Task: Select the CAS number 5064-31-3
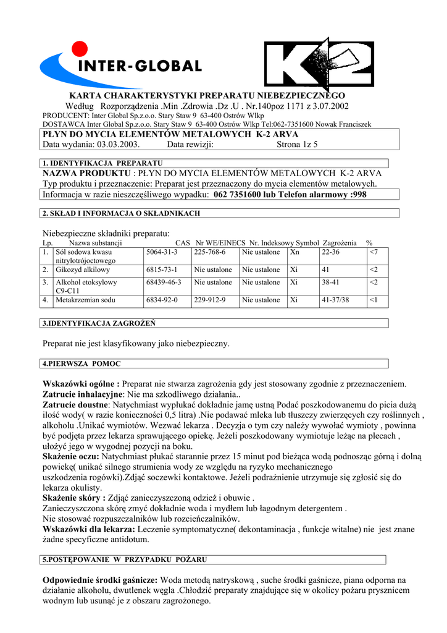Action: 162,252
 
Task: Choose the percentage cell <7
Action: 373,252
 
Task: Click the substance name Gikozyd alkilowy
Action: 83,270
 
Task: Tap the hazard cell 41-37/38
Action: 335,300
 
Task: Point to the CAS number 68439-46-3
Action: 164,283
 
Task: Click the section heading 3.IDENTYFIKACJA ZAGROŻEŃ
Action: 99,323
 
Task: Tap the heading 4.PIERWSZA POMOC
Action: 81,363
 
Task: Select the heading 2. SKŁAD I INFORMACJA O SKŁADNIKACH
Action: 121,213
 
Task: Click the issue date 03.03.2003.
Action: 119,145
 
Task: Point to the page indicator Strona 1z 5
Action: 297,145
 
